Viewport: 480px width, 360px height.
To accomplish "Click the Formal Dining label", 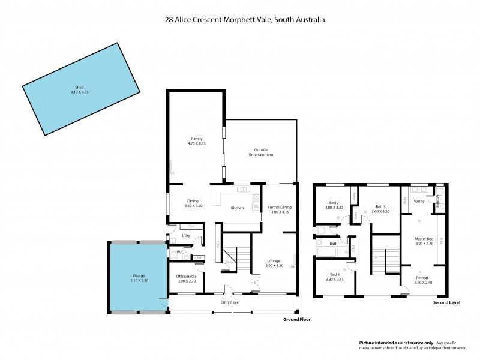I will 280,207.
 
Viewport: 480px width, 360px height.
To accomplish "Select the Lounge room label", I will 275,260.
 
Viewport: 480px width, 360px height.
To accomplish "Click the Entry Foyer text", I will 230,302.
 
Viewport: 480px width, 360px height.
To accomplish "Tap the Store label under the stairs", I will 229,262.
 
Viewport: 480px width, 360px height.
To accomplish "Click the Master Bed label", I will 424,239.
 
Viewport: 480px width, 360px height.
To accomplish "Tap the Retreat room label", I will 422,278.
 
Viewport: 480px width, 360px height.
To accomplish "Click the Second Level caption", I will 446,303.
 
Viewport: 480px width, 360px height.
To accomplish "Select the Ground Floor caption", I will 296,320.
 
